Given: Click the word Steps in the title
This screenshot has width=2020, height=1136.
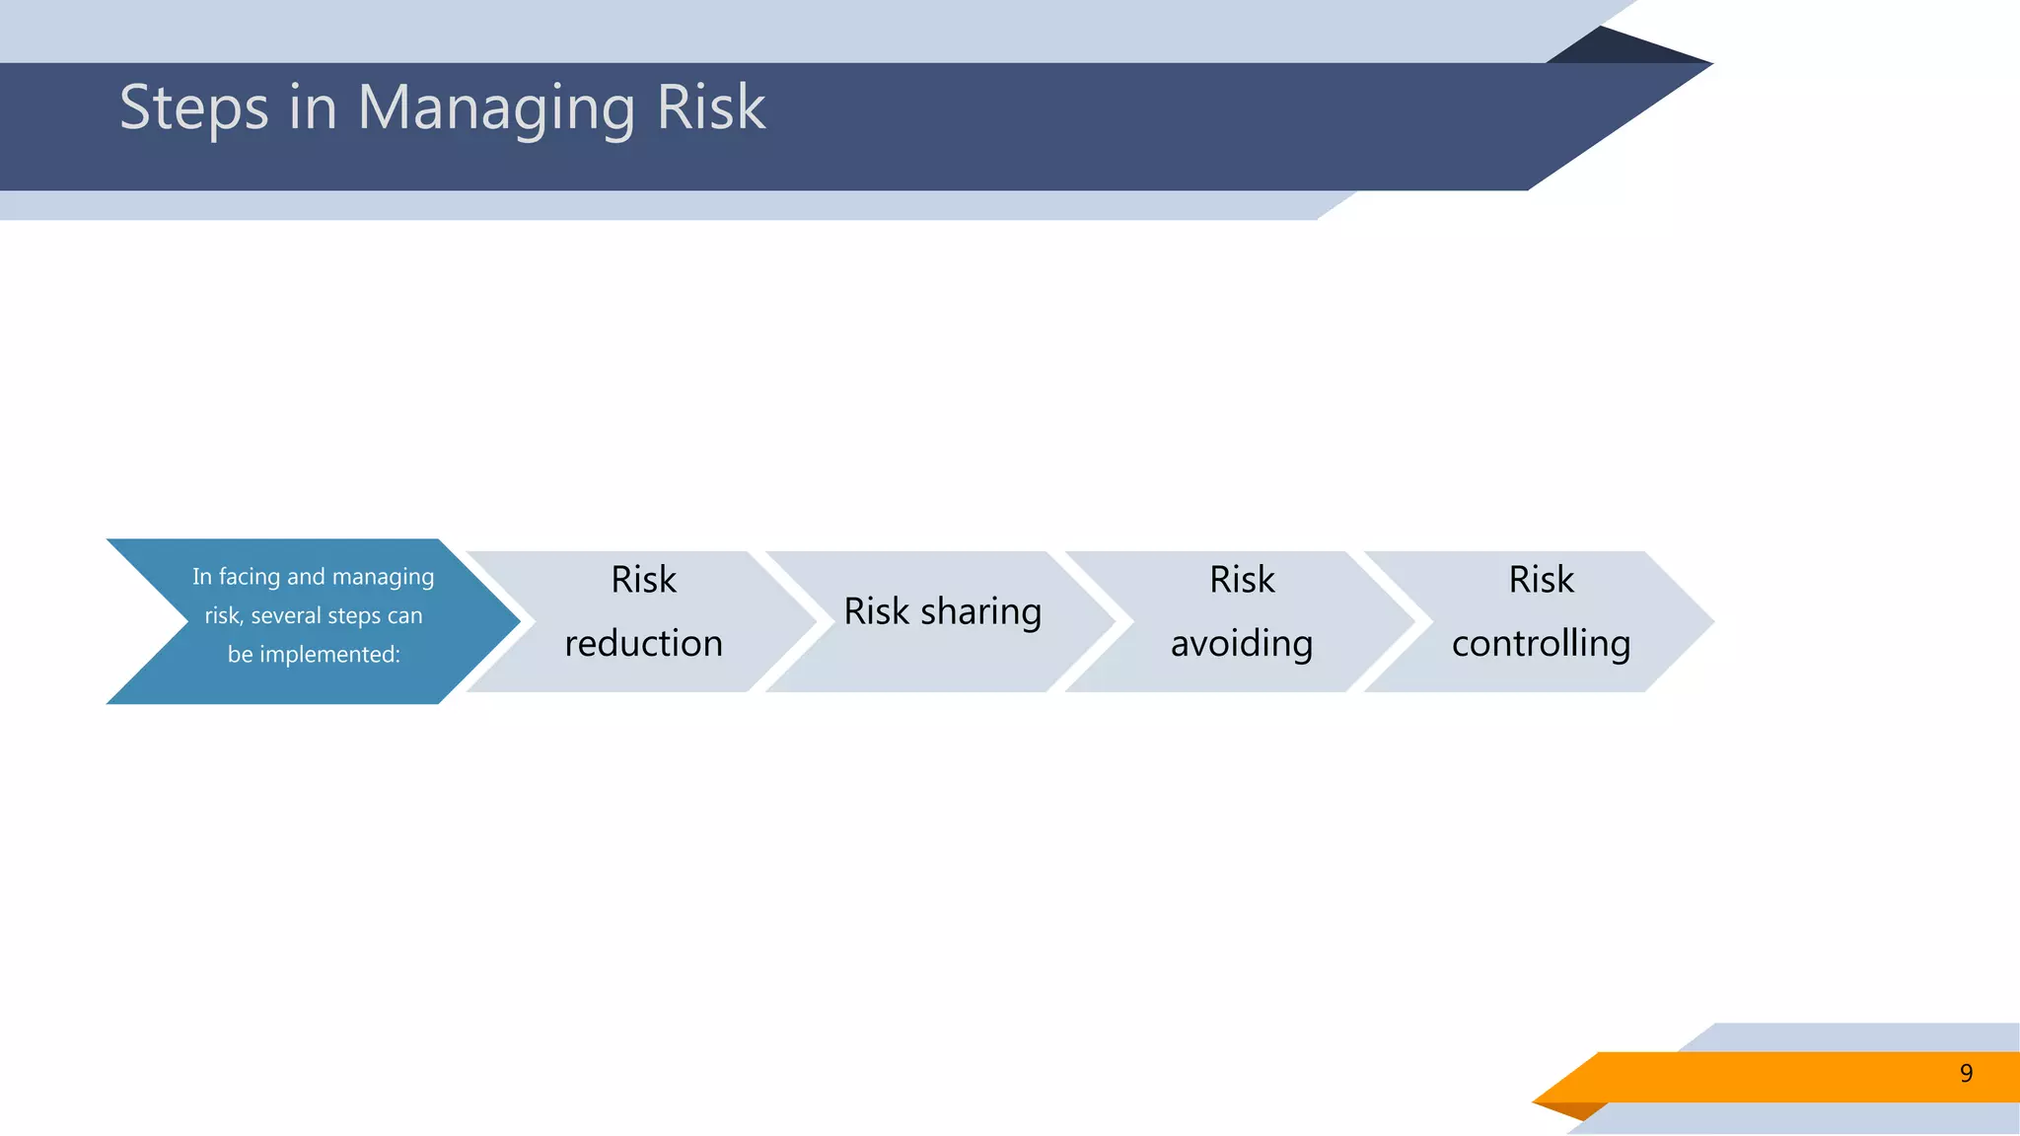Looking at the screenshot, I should pyautogui.click(x=193, y=107).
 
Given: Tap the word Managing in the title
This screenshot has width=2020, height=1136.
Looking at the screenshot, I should pyautogui.click(x=496, y=107).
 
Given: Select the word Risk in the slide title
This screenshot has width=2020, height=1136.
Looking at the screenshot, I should pyautogui.click(x=710, y=107).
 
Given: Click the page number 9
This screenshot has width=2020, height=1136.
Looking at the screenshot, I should pyautogui.click(x=1966, y=1074).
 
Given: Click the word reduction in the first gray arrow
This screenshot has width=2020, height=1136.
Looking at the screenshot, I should pyautogui.click(x=643, y=644).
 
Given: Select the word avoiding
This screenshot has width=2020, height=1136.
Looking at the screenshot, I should pyautogui.click(x=1241, y=644).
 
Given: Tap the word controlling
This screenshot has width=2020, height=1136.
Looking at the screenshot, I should pyautogui.click(x=1541, y=644).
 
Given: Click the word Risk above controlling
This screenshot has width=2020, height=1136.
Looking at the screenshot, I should pyautogui.click(x=1541, y=580).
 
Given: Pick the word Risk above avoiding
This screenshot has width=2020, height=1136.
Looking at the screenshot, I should pyautogui.click(x=1241, y=580).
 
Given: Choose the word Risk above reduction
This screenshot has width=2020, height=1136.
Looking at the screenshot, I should pyautogui.click(x=643, y=580).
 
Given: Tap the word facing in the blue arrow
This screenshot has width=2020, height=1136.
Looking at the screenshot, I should pyautogui.click(x=250, y=577).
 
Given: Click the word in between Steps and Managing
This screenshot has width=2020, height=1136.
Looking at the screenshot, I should pyautogui.click(x=313, y=107).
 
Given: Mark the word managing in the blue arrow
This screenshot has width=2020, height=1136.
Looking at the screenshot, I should pyautogui.click(x=383, y=577).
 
